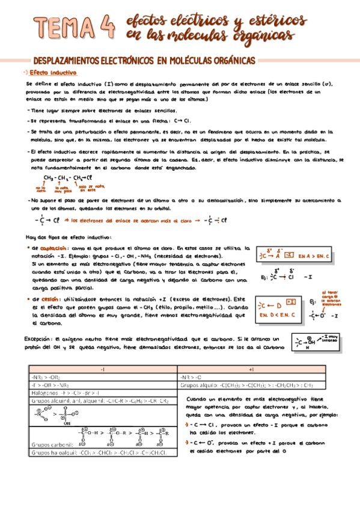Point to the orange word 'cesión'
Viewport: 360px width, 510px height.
(50, 299)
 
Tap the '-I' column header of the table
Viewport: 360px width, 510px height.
(102, 368)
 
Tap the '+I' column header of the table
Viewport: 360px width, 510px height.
(252, 368)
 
